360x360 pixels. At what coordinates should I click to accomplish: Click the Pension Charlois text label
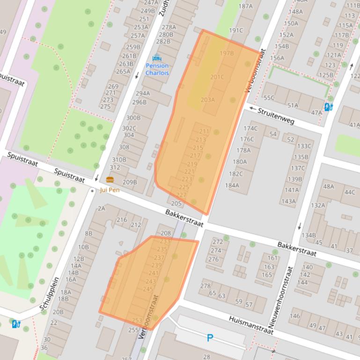click(x=157, y=69)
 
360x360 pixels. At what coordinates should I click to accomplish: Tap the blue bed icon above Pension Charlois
click(x=157, y=58)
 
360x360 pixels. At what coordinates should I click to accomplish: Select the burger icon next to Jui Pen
click(x=110, y=180)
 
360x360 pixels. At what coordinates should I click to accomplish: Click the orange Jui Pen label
click(x=110, y=190)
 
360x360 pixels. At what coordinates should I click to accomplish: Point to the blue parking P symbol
click(x=210, y=338)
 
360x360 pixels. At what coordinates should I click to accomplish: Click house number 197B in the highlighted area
click(x=227, y=53)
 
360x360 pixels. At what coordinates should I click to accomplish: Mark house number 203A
click(x=207, y=100)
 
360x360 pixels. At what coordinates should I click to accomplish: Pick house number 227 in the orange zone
click(x=181, y=195)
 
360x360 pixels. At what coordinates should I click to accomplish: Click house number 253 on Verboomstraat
click(x=137, y=320)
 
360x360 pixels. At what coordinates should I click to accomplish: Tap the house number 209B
click(x=130, y=182)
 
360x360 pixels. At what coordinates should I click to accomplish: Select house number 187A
click(x=245, y=6)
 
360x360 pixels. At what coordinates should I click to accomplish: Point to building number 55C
click(x=269, y=98)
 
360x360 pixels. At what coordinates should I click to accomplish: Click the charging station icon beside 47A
click(x=329, y=107)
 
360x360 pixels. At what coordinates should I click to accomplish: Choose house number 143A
click(x=288, y=202)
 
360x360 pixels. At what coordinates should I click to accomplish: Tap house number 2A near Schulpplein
click(x=101, y=209)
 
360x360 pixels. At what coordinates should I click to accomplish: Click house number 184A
click(x=232, y=185)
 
